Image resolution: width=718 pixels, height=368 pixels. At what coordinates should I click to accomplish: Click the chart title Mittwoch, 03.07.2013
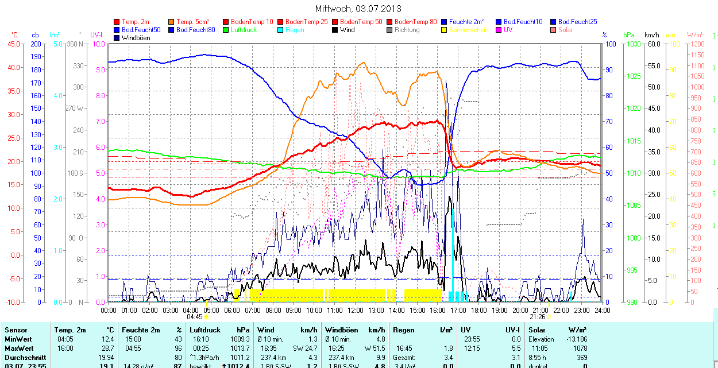[358, 9]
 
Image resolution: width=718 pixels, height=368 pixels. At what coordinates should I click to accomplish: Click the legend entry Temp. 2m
[136, 22]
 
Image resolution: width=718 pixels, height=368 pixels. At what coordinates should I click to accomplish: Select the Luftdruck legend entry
[244, 30]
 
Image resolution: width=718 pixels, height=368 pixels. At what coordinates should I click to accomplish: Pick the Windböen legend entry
[136, 38]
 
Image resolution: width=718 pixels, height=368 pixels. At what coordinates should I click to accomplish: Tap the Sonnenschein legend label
[469, 30]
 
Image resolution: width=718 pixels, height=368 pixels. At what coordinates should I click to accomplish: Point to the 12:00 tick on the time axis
[356, 311]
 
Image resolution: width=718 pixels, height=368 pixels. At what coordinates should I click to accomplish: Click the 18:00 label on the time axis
[479, 311]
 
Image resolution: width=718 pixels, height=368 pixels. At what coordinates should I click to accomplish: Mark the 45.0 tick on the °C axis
[13, 44]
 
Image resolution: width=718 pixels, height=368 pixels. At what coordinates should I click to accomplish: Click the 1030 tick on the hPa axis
[634, 44]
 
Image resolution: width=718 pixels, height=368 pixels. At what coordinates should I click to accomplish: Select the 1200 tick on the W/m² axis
[697, 44]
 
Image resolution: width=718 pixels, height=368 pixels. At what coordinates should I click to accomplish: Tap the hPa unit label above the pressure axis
[629, 35]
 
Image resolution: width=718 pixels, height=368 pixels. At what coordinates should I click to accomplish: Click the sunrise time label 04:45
[195, 317]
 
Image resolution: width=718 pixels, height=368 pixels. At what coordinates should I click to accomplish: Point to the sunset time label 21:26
[537, 317]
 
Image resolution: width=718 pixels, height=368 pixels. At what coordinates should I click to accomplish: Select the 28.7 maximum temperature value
[107, 348]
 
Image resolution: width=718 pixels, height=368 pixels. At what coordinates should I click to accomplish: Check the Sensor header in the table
[16, 330]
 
